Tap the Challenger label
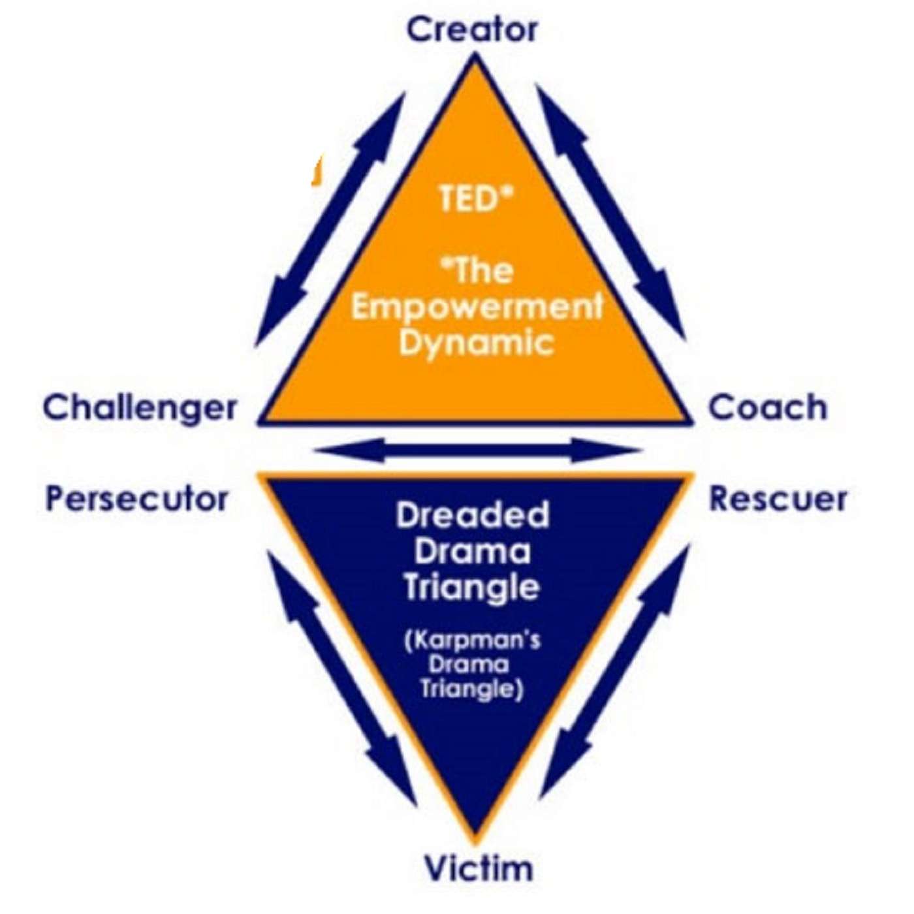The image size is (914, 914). tap(140, 408)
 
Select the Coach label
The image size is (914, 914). tap(768, 407)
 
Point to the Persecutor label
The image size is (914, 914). tap(137, 499)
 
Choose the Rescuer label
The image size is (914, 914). tap(778, 499)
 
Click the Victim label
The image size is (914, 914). tap(479, 869)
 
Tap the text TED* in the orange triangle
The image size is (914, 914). tap(473, 198)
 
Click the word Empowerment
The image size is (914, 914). tap(477, 307)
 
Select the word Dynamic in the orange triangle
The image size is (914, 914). tap(477, 342)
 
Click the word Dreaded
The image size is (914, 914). tap(473, 516)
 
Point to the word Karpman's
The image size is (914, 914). tap(473, 640)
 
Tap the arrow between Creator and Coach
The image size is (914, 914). tap(610, 212)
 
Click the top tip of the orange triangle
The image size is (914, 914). tap(475, 59)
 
